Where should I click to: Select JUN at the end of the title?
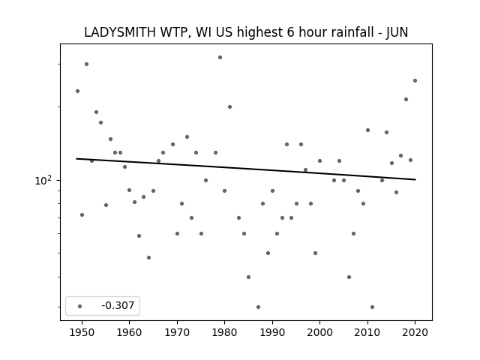point(397,33)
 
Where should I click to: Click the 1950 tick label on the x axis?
point(82,332)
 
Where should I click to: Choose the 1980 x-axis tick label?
point(225,332)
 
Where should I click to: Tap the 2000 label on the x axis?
point(320,332)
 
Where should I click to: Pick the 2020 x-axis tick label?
point(415,332)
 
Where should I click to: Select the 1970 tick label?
point(177,332)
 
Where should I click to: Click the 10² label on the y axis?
point(43,180)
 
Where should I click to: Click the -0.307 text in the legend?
point(118,305)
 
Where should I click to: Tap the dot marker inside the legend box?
point(80,306)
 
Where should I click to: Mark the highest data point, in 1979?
point(220,57)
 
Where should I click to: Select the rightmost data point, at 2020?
point(415,80)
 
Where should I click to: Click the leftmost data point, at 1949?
point(77,91)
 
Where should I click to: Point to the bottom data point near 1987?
point(258,307)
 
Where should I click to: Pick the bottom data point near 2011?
point(372,307)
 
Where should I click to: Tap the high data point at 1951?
point(87,64)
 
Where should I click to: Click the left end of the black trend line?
point(76,158)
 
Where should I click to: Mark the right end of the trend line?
point(415,179)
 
